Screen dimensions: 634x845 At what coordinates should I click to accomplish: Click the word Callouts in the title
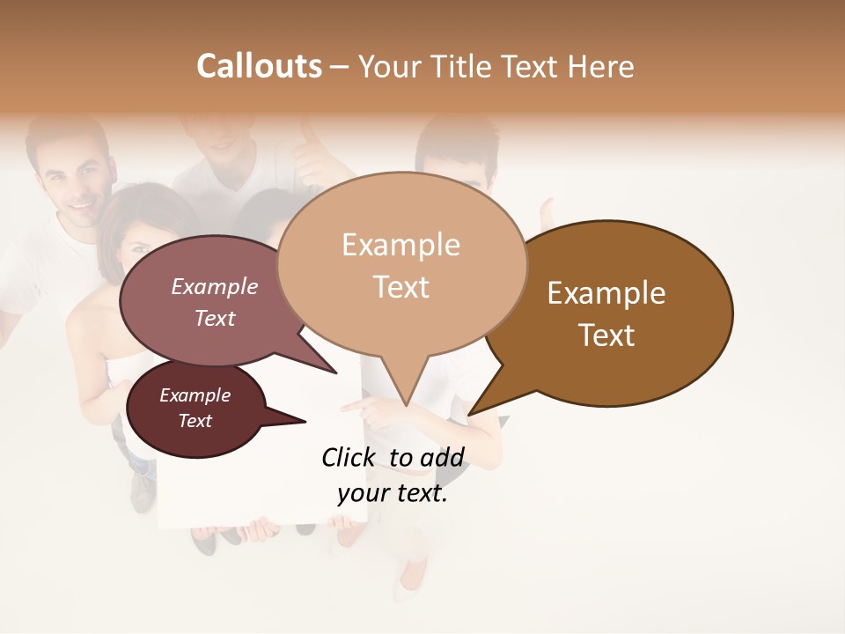tap(259, 66)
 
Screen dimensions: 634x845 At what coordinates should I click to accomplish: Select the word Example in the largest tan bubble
tap(400, 245)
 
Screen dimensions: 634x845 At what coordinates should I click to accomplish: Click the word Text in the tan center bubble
tap(400, 286)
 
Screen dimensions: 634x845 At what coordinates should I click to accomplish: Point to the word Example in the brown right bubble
tap(606, 293)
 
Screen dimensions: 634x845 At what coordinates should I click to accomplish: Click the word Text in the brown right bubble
tap(606, 335)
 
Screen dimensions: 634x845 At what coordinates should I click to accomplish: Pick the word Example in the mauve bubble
tap(215, 286)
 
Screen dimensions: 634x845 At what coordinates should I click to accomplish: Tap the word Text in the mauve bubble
tap(215, 318)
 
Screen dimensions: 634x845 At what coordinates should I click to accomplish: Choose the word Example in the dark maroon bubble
tap(195, 395)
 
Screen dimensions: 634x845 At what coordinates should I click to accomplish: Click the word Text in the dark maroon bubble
tap(195, 421)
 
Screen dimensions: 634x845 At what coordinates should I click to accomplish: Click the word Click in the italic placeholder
tap(349, 457)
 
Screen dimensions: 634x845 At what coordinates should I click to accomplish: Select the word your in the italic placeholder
tap(359, 494)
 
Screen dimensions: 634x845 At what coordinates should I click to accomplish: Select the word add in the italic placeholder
tap(442, 457)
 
